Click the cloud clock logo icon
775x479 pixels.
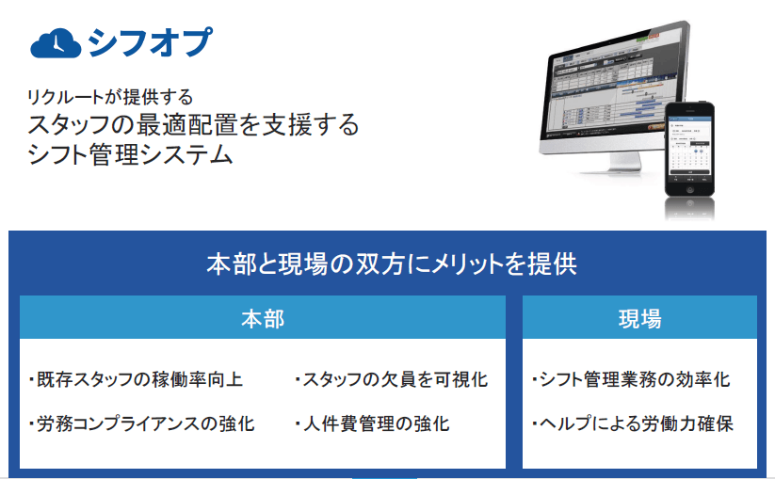click(55, 42)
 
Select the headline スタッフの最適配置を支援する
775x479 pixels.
click(193, 124)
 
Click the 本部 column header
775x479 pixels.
click(262, 318)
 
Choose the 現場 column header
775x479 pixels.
click(638, 318)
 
